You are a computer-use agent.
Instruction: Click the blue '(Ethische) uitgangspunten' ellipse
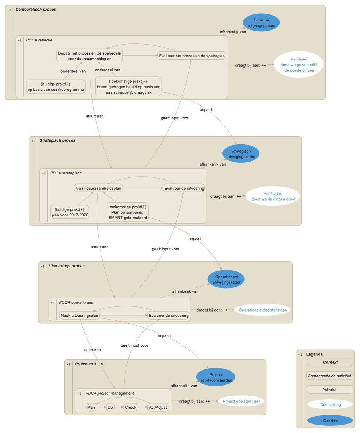(261, 23)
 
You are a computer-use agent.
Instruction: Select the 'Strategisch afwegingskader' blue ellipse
(241, 154)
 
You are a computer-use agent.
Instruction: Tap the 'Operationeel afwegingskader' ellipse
(226, 279)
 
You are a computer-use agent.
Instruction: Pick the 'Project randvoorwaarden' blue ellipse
(216, 377)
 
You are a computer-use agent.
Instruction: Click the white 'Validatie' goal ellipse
(299, 64)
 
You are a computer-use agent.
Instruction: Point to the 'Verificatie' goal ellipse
(273, 196)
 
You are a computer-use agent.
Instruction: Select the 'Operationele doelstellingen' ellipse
(263, 310)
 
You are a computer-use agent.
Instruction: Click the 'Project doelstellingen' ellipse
(241, 401)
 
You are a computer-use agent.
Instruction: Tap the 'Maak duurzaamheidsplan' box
(98, 188)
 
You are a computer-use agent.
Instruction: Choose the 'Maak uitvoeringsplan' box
(79, 315)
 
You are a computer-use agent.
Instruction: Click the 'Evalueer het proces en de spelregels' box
(192, 56)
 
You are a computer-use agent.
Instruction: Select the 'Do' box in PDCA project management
(110, 407)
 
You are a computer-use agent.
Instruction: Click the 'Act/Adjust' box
(158, 407)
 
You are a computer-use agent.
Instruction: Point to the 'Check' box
(130, 407)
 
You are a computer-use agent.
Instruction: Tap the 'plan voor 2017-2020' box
(70, 212)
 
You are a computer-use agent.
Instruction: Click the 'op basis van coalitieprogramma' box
(55, 87)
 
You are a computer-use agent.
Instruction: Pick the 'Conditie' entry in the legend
(330, 421)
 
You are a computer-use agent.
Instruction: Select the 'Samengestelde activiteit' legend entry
(330, 376)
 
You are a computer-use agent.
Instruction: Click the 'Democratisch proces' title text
(36, 10)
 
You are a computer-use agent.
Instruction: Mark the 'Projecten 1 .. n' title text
(89, 364)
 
